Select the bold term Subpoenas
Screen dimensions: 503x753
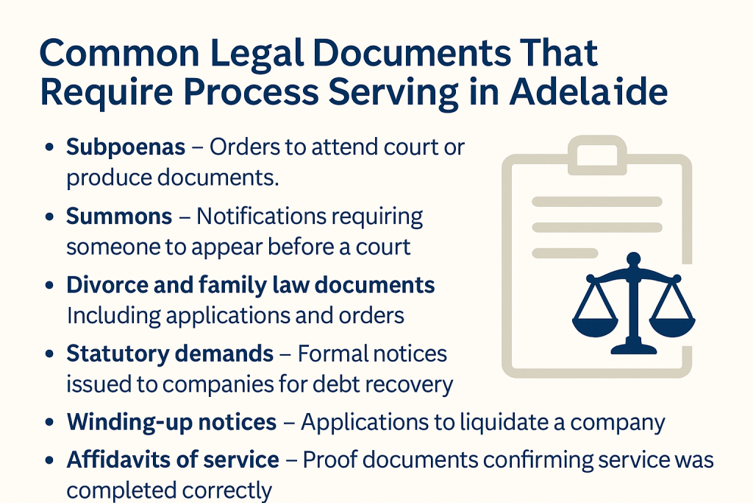[x=126, y=147]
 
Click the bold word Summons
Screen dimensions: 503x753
[x=119, y=217]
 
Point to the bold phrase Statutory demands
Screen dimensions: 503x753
[x=170, y=353]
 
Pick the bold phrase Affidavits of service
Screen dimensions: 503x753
[x=173, y=460]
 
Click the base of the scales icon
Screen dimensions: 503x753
[x=632, y=346]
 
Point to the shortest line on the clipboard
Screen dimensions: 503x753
[x=564, y=253]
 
